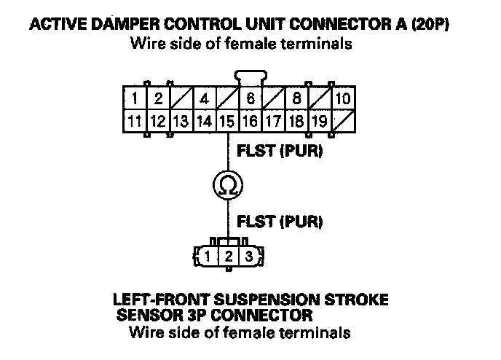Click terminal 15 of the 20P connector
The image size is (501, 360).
[227, 121]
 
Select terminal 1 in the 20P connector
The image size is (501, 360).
[135, 98]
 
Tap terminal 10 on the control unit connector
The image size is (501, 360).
[344, 98]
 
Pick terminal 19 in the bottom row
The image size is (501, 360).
[320, 121]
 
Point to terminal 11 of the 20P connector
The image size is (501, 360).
[135, 121]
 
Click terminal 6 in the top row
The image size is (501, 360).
[250, 98]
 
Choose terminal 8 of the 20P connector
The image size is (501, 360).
[297, 98]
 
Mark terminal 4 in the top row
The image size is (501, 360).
[205, 98]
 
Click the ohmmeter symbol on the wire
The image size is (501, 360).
[228, 185]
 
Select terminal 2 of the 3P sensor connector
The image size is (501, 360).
[229, 256]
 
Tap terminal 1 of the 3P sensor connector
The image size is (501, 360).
[208, 256]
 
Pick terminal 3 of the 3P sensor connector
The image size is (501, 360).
[249, 256]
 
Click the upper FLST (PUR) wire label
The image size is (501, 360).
[280, 151]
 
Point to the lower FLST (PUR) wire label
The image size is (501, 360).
[280, 222]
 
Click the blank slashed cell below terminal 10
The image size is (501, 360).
[344, 121]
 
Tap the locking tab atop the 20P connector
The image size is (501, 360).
[250, 78]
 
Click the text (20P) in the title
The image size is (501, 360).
[430, 24]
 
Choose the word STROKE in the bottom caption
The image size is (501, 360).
[356, 300]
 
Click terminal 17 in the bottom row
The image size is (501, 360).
[274, 121]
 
